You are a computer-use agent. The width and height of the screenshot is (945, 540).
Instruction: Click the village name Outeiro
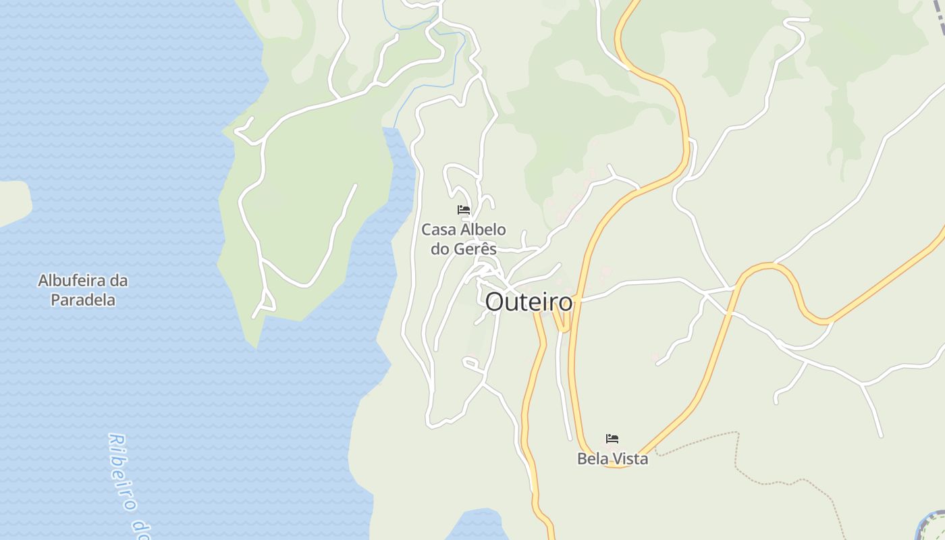tap(529, 302)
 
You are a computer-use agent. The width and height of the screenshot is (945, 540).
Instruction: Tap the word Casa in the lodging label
tap(439, 230)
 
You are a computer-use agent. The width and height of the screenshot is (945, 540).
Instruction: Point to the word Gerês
tap(475, 249)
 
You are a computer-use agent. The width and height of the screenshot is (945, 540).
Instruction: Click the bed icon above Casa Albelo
tap(464, 210)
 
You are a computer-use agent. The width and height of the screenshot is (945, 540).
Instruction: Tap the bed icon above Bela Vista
tap(612, 439)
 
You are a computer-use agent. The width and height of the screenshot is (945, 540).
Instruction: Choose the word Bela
tap(592, 459)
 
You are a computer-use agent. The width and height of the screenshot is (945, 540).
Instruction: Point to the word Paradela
tap(83, 300)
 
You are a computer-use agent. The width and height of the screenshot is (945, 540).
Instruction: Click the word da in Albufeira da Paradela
tap(119, 280)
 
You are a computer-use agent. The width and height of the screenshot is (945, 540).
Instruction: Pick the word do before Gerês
tap(440, 249)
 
